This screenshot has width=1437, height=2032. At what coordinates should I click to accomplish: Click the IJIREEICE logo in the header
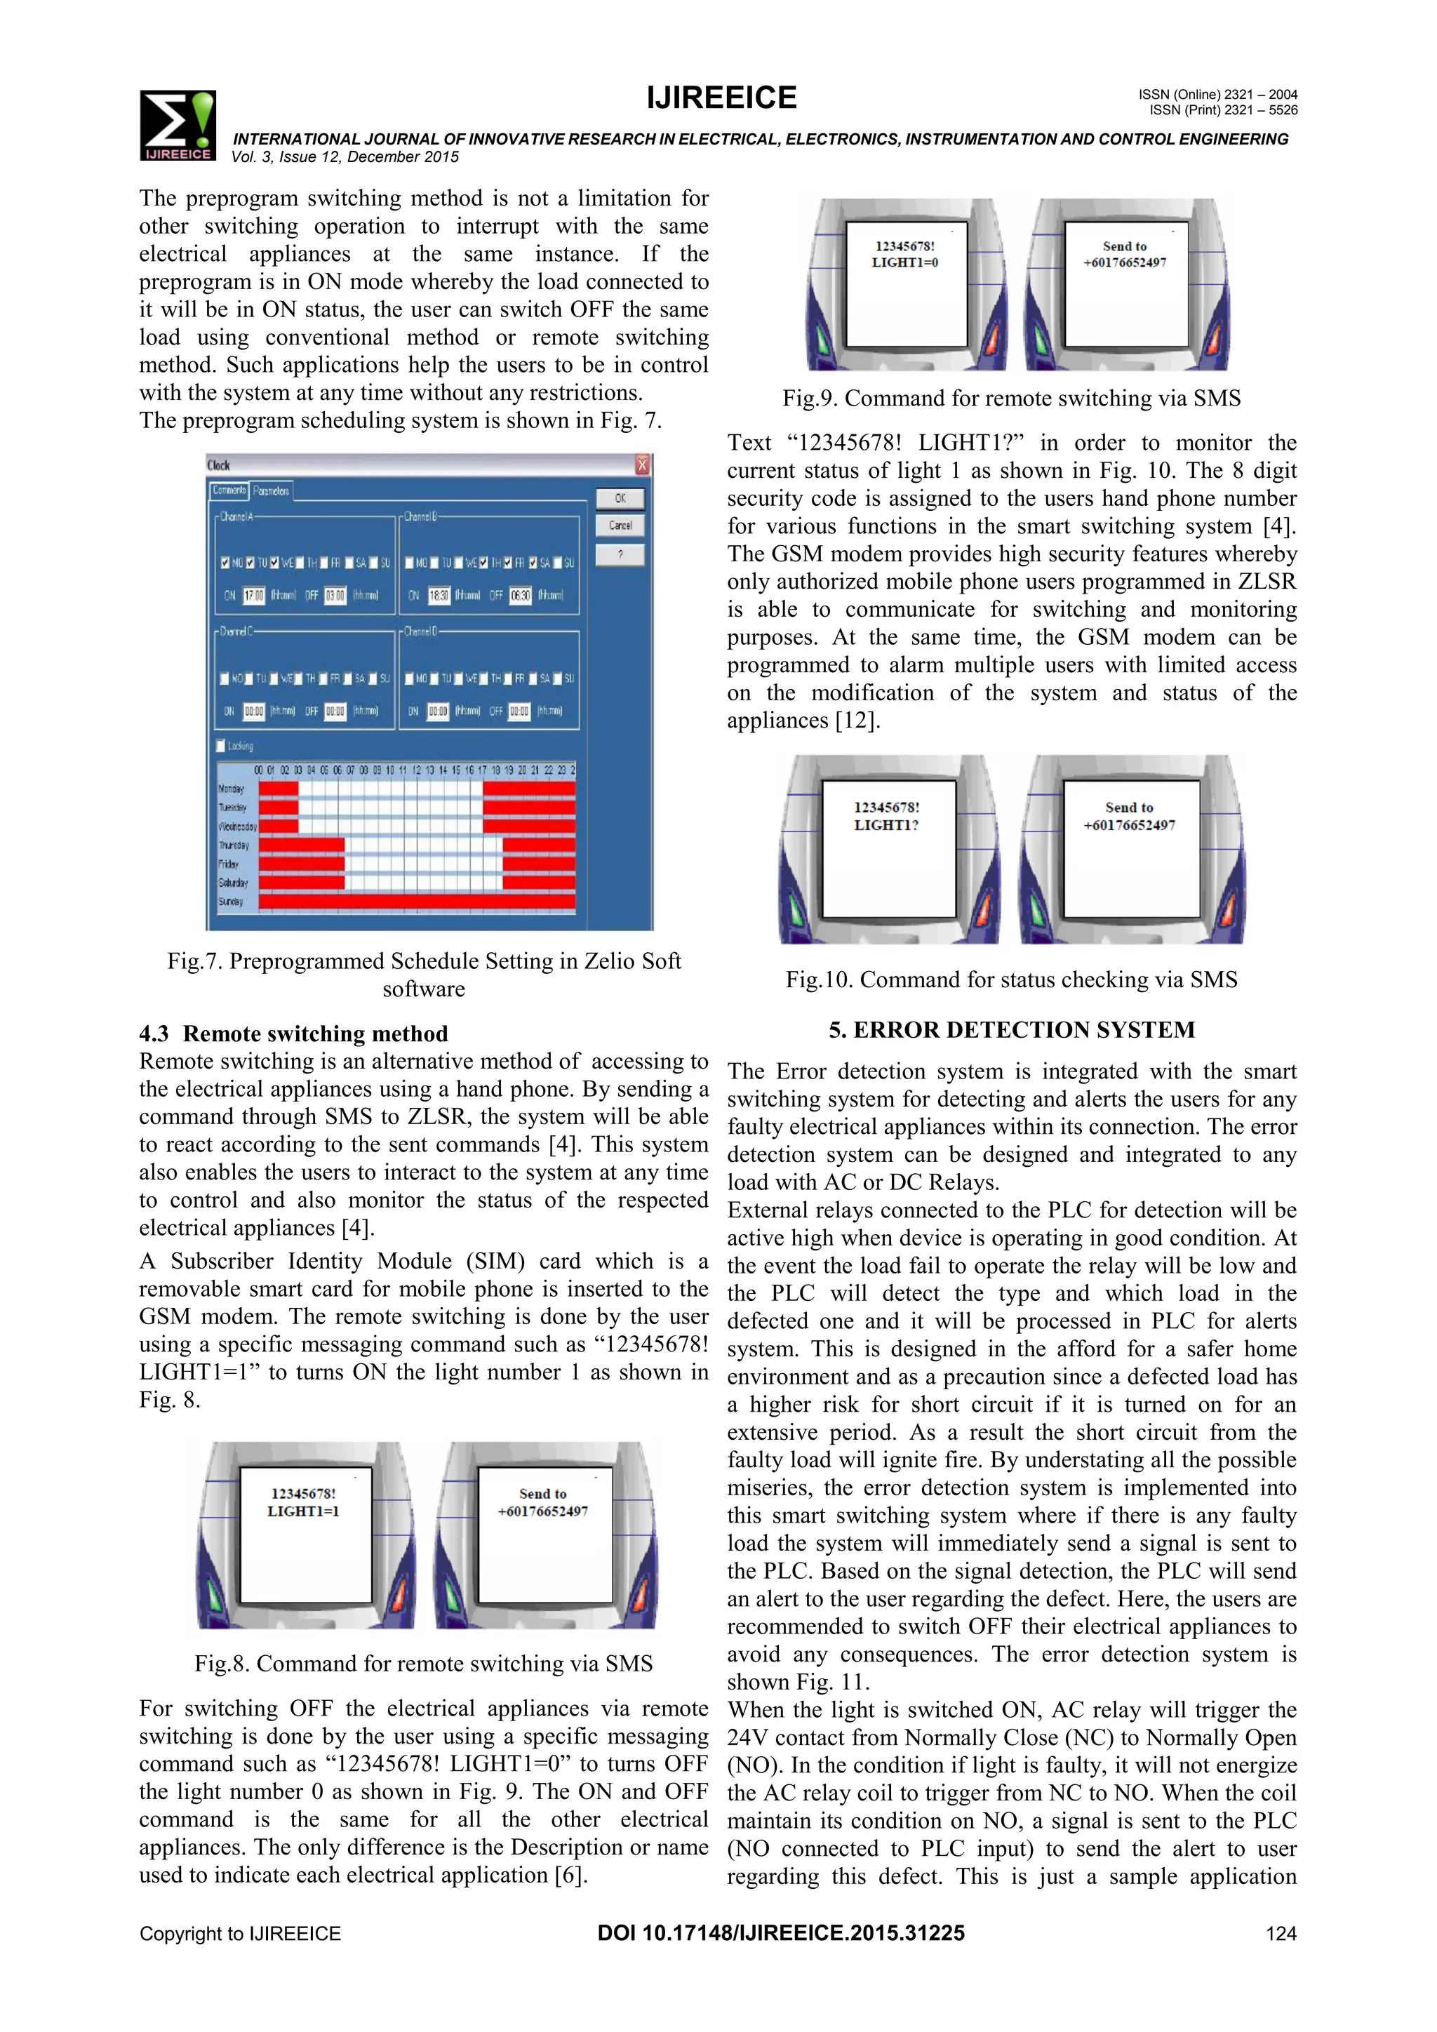(177, 125)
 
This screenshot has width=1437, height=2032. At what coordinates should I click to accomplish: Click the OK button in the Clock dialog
(620, 498)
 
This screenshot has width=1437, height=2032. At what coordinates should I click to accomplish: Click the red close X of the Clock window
(643, 465)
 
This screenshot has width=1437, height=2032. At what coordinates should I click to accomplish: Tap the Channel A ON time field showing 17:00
(254, 596)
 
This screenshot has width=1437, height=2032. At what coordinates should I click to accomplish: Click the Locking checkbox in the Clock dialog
(221, 746)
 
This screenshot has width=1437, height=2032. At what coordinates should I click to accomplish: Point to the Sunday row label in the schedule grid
(231, 902)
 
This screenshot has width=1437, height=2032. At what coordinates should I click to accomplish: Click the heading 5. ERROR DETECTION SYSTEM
(1011, 1030)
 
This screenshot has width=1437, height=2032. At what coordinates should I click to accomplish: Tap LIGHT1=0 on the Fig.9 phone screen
(904, 263)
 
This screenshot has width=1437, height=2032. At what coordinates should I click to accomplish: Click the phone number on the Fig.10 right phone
(1129, 825)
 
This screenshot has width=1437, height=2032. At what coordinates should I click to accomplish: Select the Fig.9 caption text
(1010, 399)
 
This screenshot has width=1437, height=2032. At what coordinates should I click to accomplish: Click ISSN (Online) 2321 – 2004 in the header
(1217, 95)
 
